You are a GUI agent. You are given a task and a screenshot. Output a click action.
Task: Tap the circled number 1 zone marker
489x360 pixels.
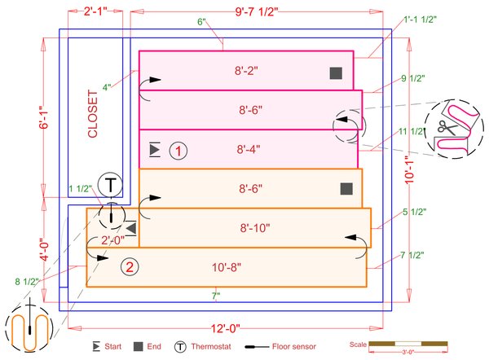[x=178, y=150]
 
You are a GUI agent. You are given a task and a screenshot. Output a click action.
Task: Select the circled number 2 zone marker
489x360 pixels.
[x=128, y=266]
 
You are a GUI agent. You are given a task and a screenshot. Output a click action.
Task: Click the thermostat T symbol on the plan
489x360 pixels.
[x=109, y=186]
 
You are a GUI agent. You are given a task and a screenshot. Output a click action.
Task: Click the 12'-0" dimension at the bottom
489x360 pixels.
[x=227, y=328]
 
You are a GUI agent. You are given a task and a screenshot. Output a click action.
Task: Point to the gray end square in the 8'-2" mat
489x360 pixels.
[x=335, y=73]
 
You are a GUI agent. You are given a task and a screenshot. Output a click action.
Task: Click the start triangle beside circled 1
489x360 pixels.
[x=155, y=150]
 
